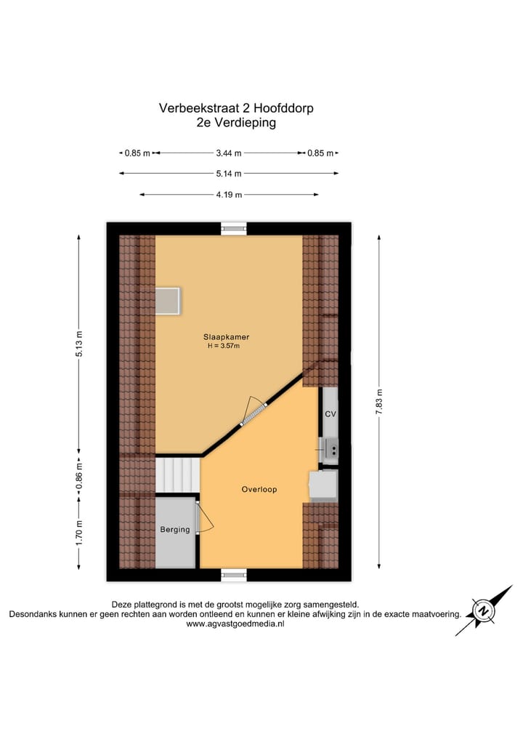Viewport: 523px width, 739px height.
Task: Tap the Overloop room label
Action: tap(259, 490)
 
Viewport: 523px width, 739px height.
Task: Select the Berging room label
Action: tap(175, 530)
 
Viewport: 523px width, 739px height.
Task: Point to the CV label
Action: tap(330, 414)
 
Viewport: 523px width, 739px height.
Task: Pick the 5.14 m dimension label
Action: tap(229, 174)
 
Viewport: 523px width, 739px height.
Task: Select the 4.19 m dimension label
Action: tap(229, 195)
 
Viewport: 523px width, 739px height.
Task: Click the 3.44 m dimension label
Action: tap(229, 153)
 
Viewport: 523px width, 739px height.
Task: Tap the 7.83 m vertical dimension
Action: tap(378, 401)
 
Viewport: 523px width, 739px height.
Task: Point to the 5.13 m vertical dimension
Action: tap(79, 344)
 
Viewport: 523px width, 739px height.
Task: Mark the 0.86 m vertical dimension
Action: tap(79, 476)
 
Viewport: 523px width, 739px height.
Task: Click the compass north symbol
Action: tap(482, 610)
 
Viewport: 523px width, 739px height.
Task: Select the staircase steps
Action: tap(177, 475)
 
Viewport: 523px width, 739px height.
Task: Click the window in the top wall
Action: tap(234, 228)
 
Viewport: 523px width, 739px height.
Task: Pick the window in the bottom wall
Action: tap(234, 575)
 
